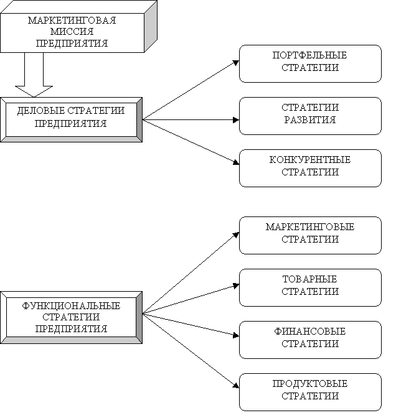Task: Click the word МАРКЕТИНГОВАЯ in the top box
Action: click(x=72, y=21)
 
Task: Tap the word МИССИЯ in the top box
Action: click(x=72, y=32)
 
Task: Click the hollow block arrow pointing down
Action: click(x=34, y=75)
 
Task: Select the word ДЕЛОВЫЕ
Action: click(x=41, y=111)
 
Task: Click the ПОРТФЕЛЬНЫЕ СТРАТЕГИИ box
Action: click(x=310, y=63)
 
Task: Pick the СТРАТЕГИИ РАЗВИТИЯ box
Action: click(x=310, y=116)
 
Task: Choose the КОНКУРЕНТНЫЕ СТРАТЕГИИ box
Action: click(x=310, y=168)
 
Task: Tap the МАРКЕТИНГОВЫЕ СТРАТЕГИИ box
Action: click(x=310, y=235)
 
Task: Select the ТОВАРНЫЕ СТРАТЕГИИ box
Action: click(x=310, y=287)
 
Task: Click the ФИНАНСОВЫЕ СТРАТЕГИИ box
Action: click(x=310, y=340)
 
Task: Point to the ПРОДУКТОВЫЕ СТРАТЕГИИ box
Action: click(x=310, y=392)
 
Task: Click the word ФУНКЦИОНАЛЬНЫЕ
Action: click(x=71, y=306)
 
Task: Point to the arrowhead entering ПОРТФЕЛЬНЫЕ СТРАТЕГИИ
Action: click(x=236, y=63)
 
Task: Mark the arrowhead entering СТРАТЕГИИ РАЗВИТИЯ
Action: click(x=236, y=120)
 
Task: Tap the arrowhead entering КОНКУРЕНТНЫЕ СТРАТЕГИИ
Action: click(x=236, y=162)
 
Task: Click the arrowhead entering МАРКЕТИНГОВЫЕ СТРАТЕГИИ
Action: click(x=236, y=235)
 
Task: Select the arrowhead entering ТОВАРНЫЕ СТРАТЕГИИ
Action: click(x=236, y=286)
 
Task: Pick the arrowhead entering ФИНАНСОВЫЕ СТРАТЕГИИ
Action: click(x=236, y=335)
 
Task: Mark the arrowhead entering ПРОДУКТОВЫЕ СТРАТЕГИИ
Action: click(x=236, y=385)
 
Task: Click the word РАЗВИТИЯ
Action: click(x=310, y=120)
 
